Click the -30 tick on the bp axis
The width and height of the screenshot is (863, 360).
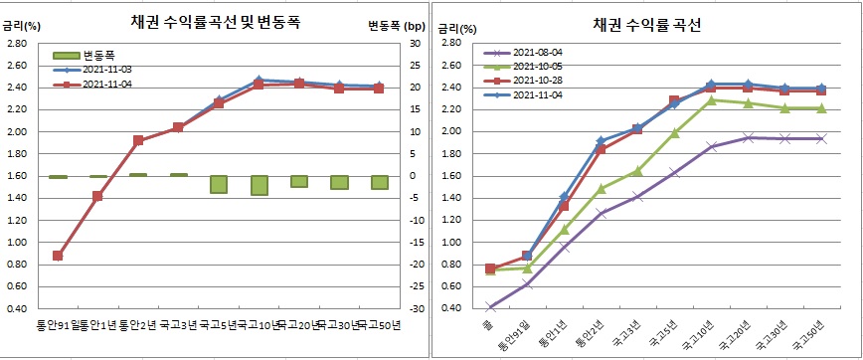tap(417, 308)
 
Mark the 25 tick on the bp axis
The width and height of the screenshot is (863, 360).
tap(417, 66)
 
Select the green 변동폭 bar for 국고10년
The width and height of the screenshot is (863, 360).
tap(259, 185)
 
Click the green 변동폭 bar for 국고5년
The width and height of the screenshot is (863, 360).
tap(219, 184)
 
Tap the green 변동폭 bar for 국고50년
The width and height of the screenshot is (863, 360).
tap(380, 182)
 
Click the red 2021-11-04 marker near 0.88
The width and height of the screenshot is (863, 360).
tap(58, 256)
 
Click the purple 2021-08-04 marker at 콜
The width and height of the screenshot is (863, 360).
tap(490, 307)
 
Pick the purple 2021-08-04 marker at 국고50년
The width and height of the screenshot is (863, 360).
tap(820, 139)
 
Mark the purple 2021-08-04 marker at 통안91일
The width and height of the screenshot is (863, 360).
tap(527, 283)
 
